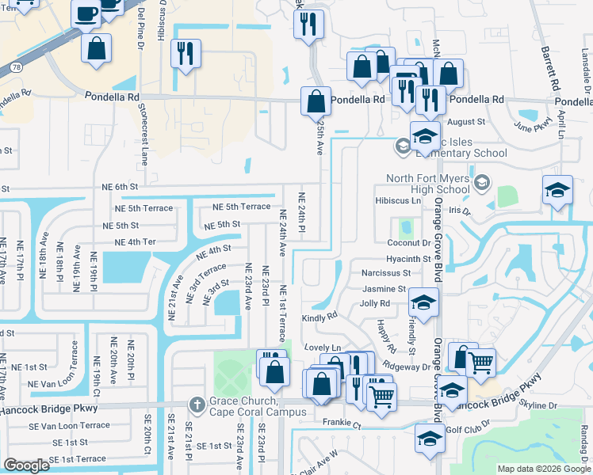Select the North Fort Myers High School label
429,184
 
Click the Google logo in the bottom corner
26,465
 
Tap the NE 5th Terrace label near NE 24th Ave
242,207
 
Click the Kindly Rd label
319,317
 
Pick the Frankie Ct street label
342,424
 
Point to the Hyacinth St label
408,259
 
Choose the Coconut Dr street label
409,243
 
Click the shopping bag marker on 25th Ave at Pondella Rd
316,101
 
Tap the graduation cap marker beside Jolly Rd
423,302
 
